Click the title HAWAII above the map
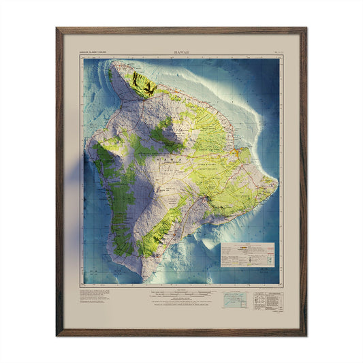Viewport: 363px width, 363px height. point(181,52)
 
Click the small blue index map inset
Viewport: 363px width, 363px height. point(235,300)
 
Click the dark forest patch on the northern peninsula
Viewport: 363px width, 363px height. point(144,85)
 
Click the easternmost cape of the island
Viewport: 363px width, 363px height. point(277,183)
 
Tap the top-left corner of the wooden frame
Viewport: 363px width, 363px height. point(58,29)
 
